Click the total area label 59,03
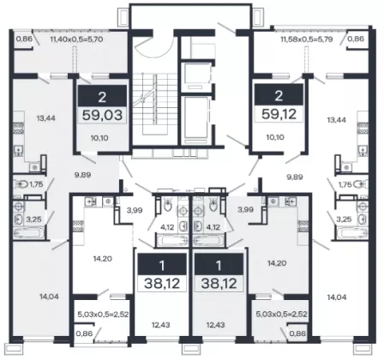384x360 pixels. [102, 115]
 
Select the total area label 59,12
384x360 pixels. [279, 114]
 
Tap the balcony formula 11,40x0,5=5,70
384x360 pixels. [76, 39]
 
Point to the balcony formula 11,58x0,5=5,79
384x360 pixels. [307, 39]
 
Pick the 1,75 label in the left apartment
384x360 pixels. [36, 184]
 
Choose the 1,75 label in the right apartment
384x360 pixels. [345, 184]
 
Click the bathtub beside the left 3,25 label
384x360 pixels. [29, 233]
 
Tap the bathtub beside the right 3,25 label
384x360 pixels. [352, 233]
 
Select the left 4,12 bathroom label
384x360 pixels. [167, 227]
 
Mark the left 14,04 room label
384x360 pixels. [49, 297]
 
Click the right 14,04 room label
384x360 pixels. [337, 297]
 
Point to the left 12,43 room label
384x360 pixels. [161, 325]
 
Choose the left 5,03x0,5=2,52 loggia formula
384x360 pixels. [103, 315]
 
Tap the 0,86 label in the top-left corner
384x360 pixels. [24, 39]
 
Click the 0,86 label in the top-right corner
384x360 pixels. [357, 39]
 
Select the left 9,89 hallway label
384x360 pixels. [82, 175]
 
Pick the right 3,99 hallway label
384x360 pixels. [246, 209]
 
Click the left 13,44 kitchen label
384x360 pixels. [45, 118]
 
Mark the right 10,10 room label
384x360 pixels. [275, 137]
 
